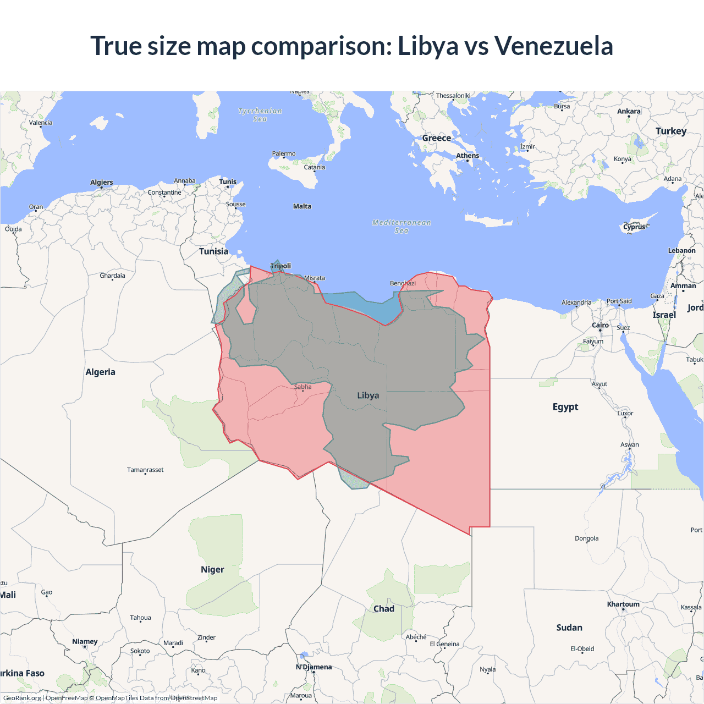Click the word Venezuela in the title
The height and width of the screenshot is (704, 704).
point(553,46)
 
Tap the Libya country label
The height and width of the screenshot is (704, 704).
point(368,395)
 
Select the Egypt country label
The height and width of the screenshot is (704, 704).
point(565,407)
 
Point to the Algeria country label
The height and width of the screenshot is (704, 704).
point(100,372)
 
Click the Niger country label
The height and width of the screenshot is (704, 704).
point(212,570)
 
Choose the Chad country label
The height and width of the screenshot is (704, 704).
point(384,609)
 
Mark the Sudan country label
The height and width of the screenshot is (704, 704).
point(569,628)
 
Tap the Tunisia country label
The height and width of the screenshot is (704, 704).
point(213,251)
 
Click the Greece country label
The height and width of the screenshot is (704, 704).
point(437,138)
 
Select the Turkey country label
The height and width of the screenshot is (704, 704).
point(671,131)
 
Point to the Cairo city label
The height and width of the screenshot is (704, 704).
point(600,325)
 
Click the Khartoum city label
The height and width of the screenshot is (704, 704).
point(623,604)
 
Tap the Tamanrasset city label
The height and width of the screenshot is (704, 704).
point(145,470)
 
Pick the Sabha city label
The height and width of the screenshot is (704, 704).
point(302,387)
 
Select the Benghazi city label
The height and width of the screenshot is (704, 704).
point(403,283)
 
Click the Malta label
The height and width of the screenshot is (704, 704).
point(302,207)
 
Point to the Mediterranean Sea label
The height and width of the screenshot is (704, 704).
point(402,227)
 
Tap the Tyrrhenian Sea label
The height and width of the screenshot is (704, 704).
point(260,115)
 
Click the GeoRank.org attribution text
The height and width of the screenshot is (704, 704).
point(22,698)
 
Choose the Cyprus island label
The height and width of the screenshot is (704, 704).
point(634,227)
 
